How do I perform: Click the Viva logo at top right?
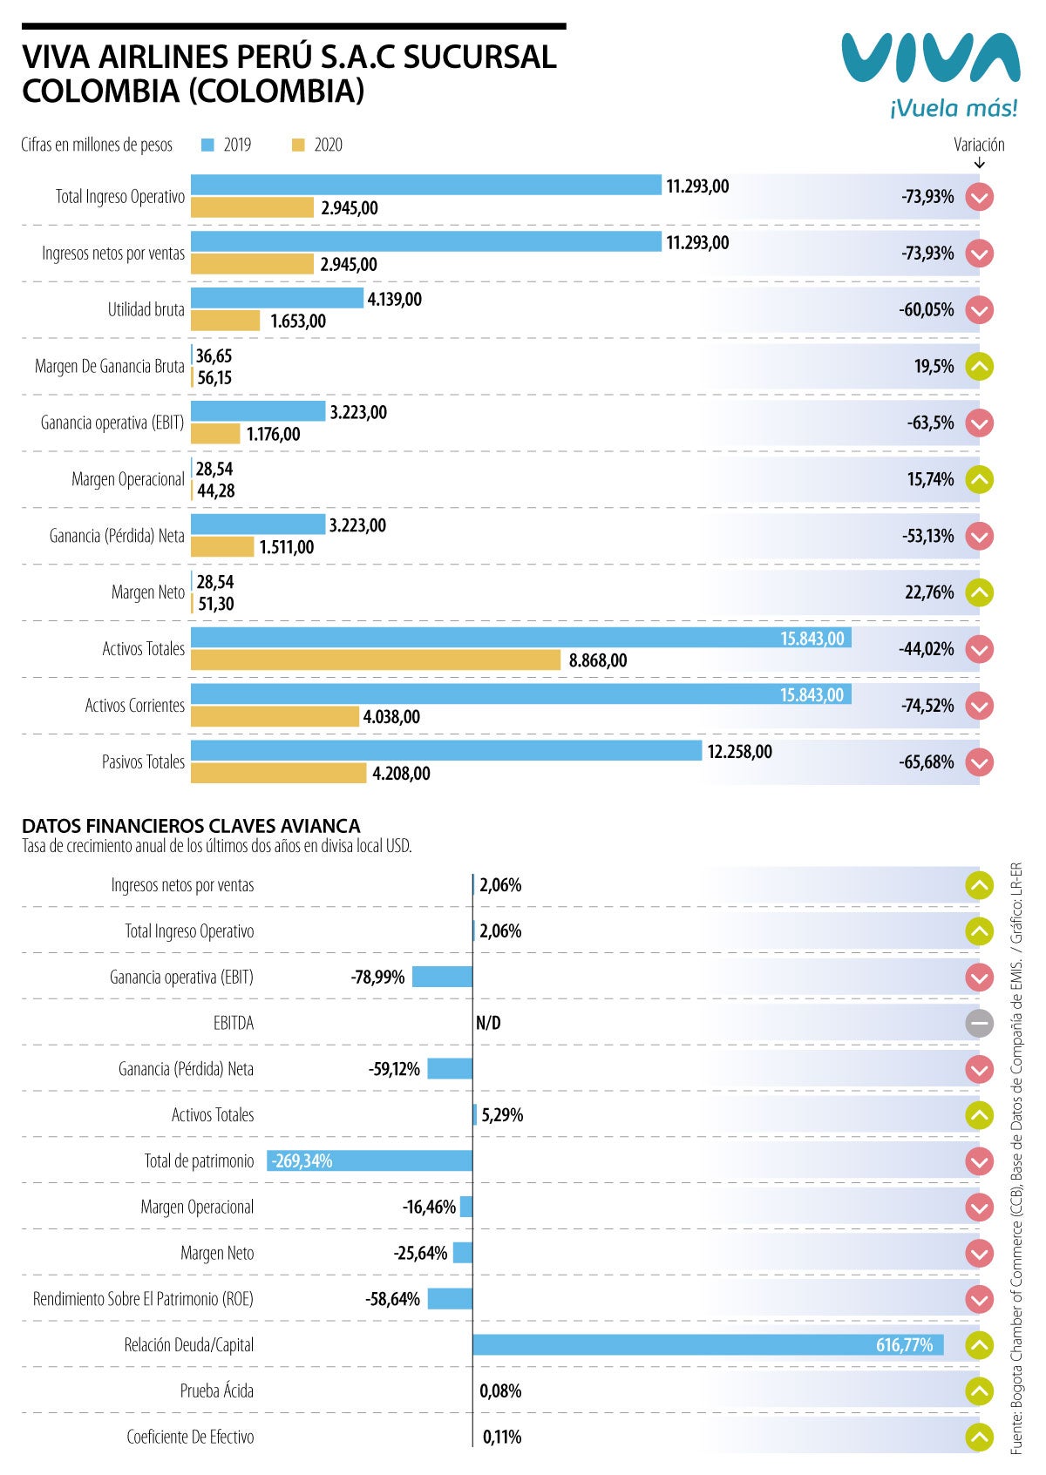point(930,59)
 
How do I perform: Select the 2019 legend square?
point(207,145)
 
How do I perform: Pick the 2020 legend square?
point(298,145)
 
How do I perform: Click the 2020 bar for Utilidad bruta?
point(225,321)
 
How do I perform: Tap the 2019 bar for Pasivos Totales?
point(445,750)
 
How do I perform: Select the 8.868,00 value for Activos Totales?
point(598,660)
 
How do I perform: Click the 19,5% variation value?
point(934,367)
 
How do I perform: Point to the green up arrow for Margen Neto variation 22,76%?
point(980,593)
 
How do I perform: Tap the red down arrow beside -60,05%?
point(980,310)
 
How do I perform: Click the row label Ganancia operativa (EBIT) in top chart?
point(112,423)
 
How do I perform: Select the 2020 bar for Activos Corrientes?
point(275,717)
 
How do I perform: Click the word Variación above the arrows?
point(979,145)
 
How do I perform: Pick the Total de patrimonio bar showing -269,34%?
point(370,1160)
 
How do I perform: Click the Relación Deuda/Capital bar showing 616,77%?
point(708,1345)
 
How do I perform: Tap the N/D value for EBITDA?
point(488,1024)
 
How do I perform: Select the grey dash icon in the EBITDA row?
point(980,1024)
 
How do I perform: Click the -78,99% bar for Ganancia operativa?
point(442,977)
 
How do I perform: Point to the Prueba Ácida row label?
point(216,1391)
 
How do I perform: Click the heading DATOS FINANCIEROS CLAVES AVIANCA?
point(191,826)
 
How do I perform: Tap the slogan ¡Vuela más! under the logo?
point(953,109)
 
